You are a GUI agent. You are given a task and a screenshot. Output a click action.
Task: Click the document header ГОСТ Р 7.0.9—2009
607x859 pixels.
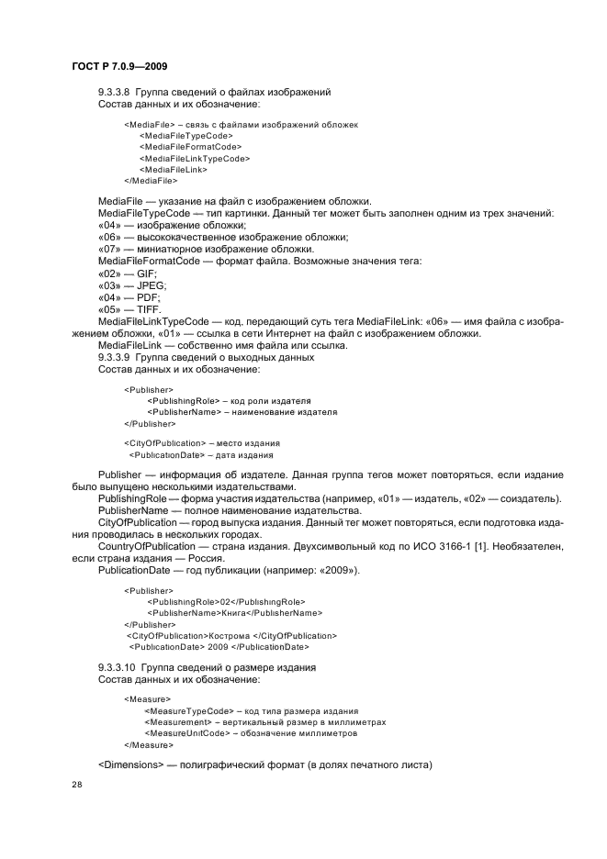[x=118, y=67]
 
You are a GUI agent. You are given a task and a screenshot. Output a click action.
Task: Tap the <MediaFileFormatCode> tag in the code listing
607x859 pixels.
[x=190, y=146]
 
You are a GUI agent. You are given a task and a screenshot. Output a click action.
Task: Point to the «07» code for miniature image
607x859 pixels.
[x=109, y=250]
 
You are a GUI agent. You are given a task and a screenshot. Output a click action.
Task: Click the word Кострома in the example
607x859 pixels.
[x=232, y=635]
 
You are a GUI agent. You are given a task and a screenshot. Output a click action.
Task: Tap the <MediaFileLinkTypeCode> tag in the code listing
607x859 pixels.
[x=195, y=158]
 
